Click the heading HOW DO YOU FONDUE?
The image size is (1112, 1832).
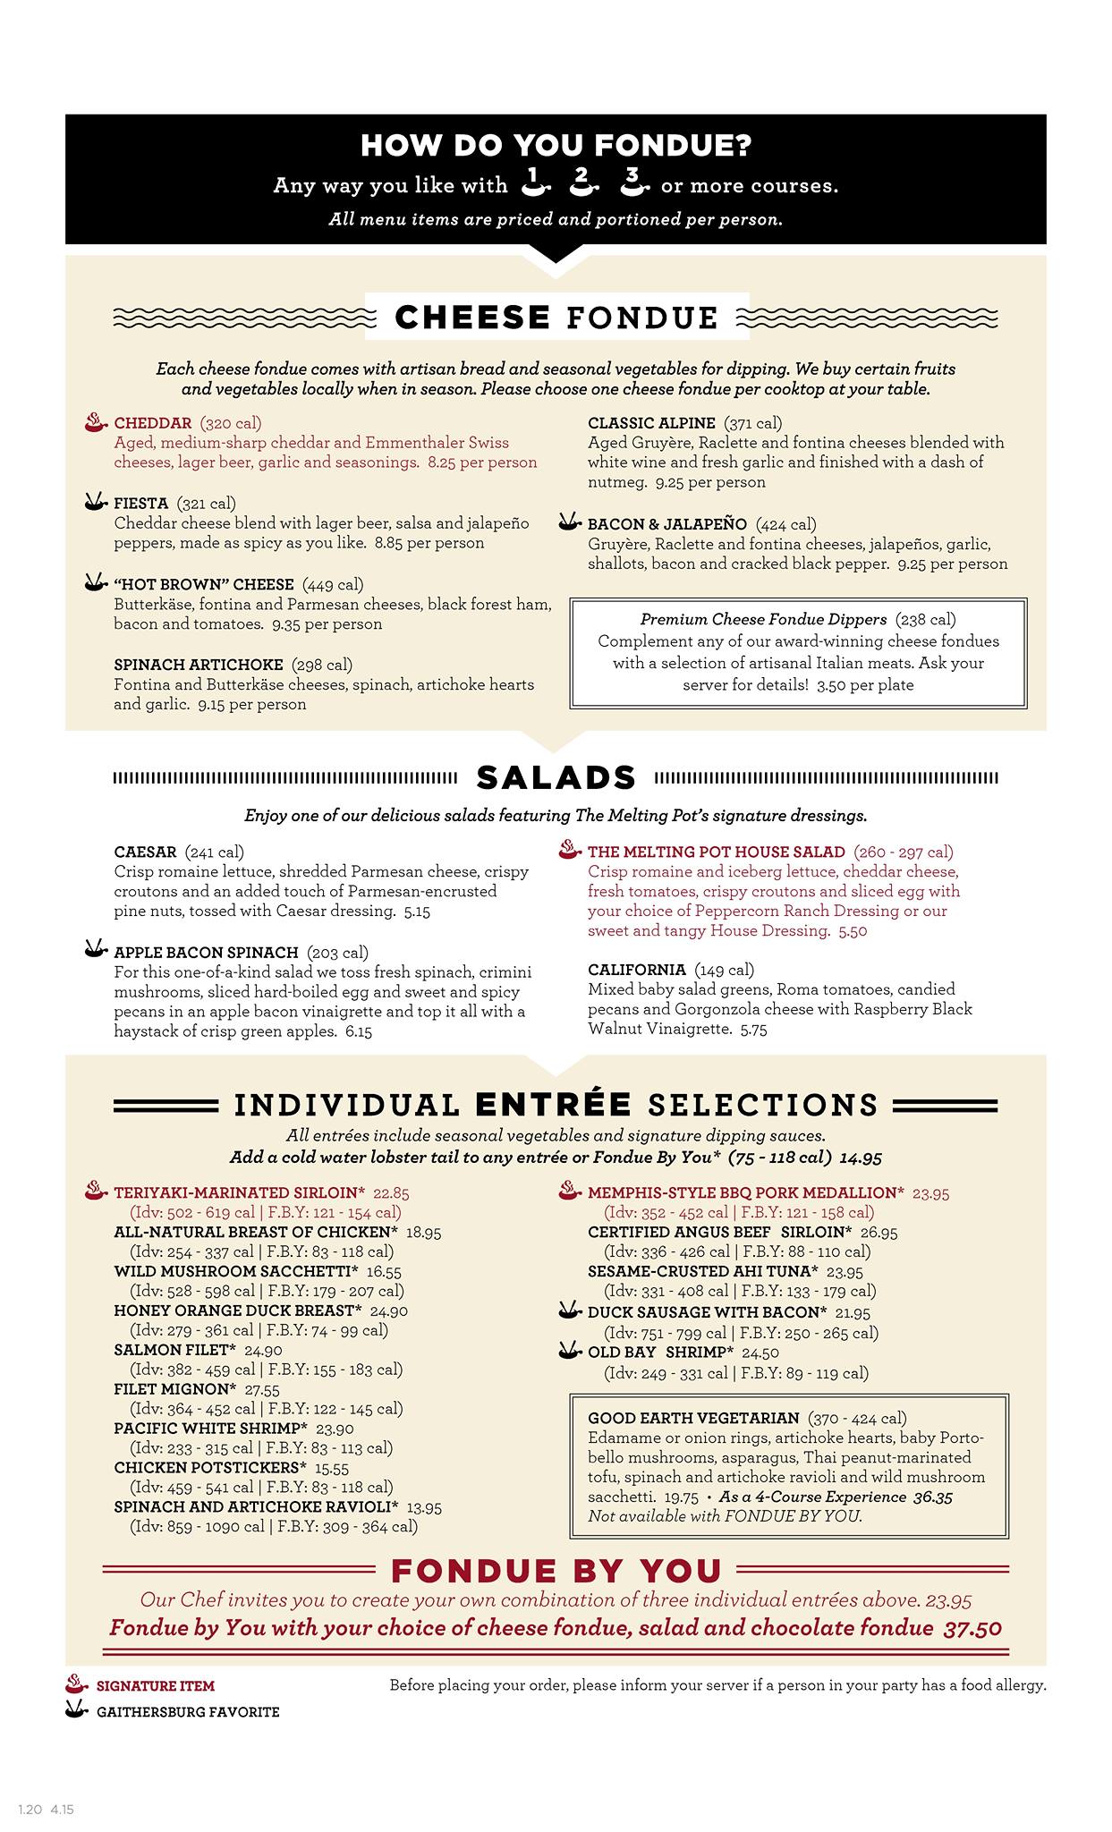point(555,147)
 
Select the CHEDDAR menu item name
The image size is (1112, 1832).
point(153,423)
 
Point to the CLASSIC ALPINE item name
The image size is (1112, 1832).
point(651,423)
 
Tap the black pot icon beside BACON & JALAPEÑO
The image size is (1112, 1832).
point(570,522)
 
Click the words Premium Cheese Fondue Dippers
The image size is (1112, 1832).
point(763,619)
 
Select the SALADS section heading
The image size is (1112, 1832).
point(556,777)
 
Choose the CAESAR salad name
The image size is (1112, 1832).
point(145,852)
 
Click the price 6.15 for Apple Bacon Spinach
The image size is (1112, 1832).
point(353,1031)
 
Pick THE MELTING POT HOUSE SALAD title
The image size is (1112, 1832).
point(716,852)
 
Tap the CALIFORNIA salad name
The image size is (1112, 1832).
point(637,970)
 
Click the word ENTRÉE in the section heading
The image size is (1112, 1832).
point(554,1105)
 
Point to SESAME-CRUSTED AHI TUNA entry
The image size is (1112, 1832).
point(702,1271)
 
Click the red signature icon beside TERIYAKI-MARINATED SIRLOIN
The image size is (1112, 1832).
point(95,1191)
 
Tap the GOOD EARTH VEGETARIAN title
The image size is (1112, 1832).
point(693,1418)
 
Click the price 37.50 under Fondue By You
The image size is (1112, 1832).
point(972,1628)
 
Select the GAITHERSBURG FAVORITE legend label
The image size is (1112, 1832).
point(188,1712)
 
